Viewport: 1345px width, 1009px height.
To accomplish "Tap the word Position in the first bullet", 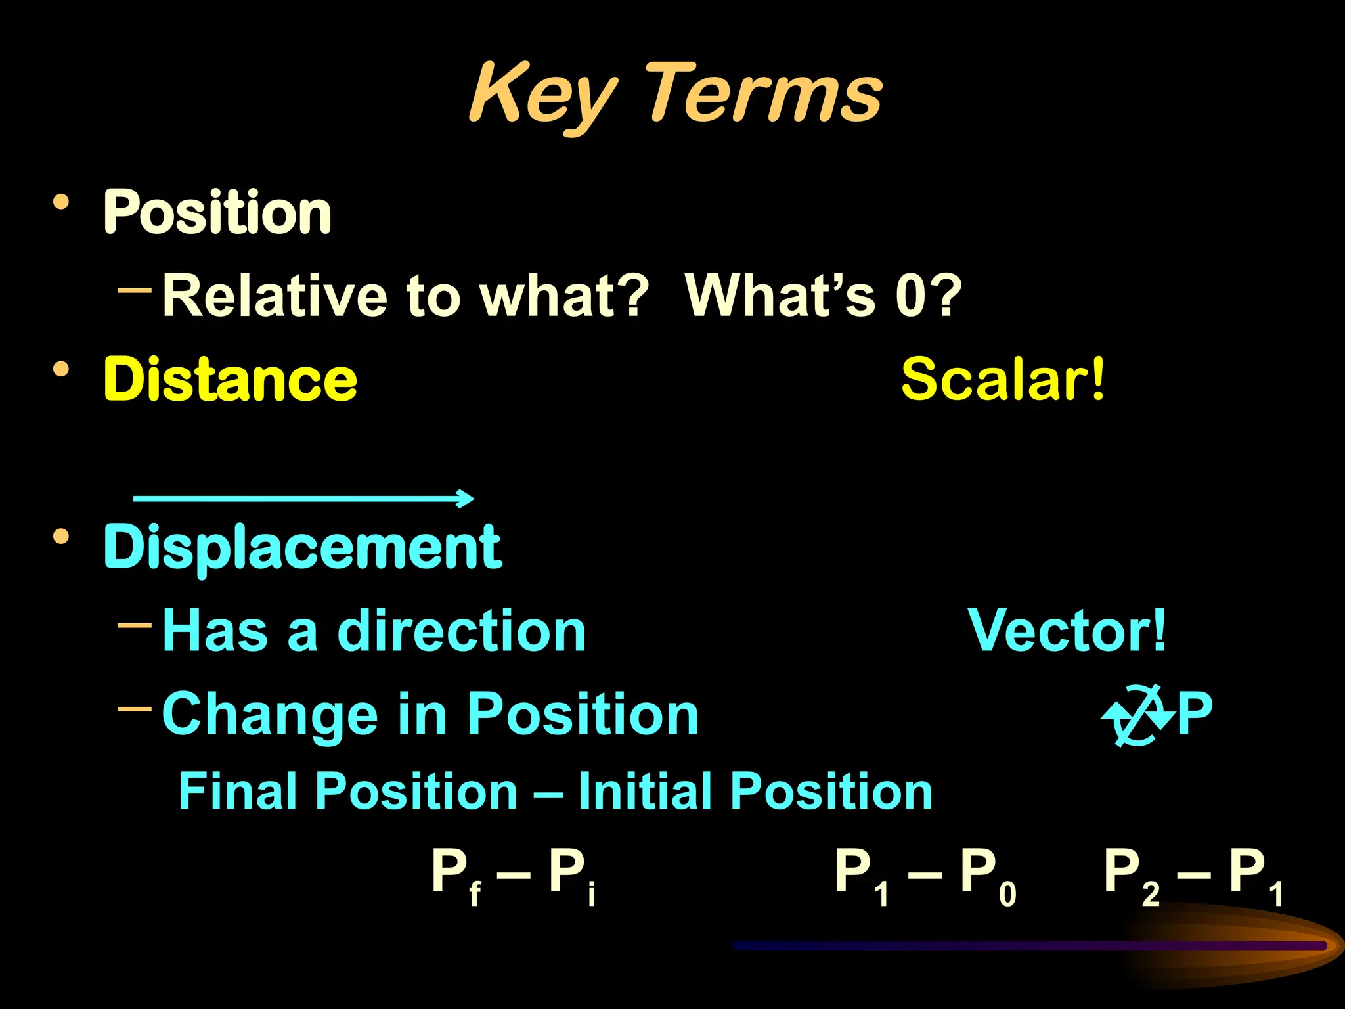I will pos(217,212).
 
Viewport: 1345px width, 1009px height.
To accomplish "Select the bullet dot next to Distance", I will pos(61,369).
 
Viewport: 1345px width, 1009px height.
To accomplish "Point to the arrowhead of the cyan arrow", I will pos(467,498).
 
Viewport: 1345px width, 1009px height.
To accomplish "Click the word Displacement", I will pos(303,547).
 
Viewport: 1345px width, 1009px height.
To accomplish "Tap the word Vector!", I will pos(1067,631).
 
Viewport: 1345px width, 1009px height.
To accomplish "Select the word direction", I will pos(461,631).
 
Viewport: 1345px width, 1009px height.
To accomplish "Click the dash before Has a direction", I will pos(135,624).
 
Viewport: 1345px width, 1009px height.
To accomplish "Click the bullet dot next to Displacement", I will pos(61,537).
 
